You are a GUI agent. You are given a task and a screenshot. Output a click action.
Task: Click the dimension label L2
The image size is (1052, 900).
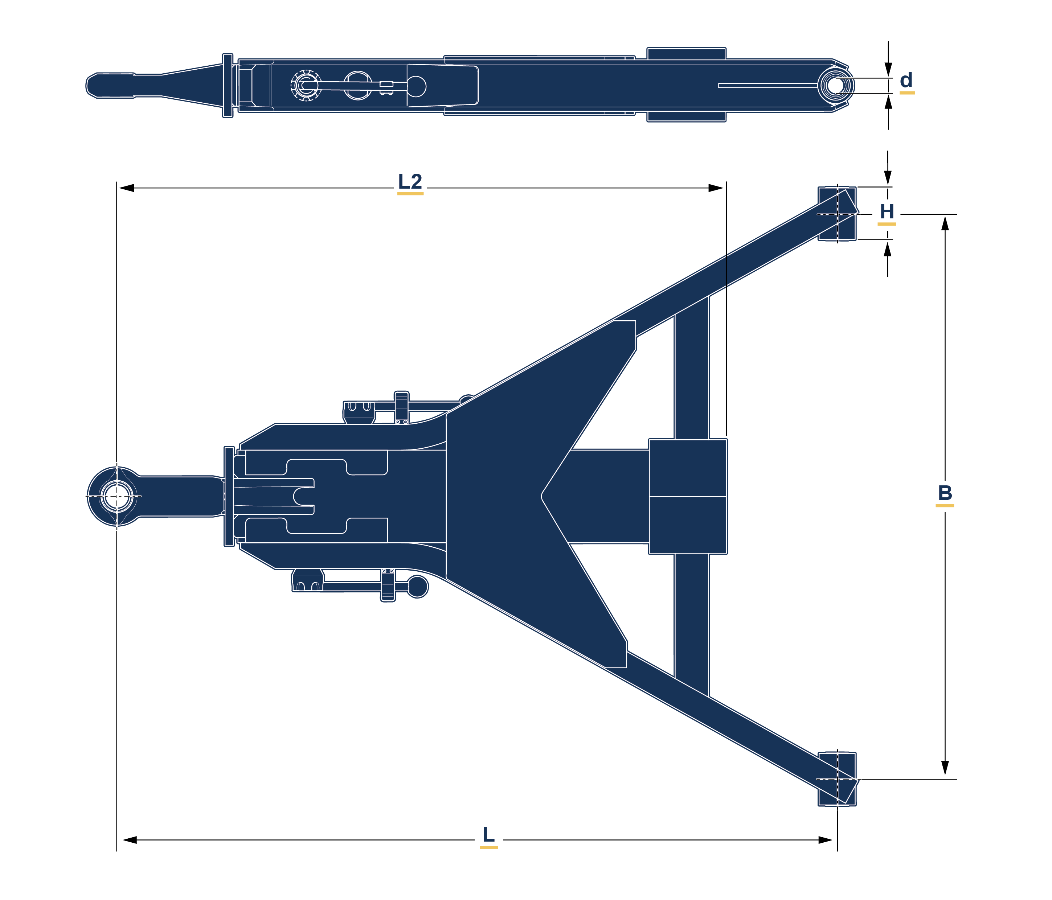tap(410, 182)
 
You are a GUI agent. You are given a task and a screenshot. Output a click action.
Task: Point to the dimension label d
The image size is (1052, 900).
tap(906, 80)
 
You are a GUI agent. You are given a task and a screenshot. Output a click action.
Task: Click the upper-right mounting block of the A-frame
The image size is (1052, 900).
tap(837, 214)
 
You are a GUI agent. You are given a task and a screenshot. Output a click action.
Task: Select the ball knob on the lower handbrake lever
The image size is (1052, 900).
tap(418, 587)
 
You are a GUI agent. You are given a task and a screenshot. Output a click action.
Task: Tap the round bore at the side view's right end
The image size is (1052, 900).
tap(836, 85)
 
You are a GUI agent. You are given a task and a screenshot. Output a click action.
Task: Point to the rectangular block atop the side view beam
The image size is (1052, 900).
tap(686, 53)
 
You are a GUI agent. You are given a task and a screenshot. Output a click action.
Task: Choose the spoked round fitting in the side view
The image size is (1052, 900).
tap(305, 85)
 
